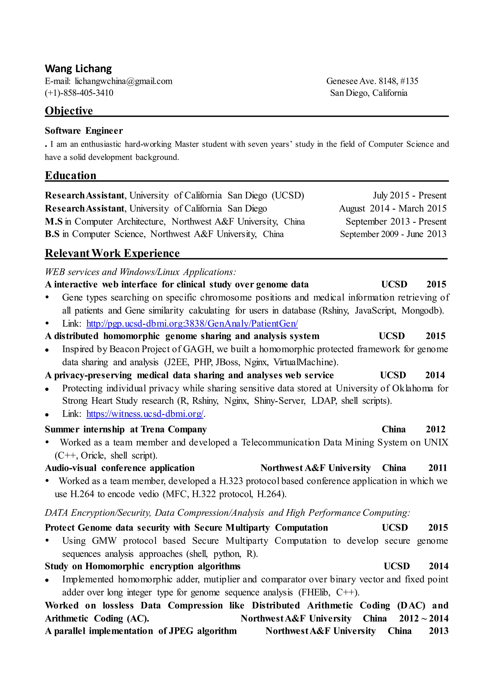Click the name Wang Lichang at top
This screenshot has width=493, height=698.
point(78,69)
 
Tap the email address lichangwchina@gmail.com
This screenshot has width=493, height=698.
point(123,81)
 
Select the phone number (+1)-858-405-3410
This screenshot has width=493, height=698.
point(79,93)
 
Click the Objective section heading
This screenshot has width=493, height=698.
point(69,111)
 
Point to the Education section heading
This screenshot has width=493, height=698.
point(71,175)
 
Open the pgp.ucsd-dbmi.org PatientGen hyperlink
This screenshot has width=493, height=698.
point(192,323)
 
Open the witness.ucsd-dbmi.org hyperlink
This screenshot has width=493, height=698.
point(145,414)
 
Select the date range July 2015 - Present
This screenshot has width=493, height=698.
point(409,195)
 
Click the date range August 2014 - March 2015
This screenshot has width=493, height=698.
point(393,208)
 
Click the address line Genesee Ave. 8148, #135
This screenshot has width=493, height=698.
point(372,81)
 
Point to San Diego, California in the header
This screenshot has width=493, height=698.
point(369,93)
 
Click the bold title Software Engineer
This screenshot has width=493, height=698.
point(84,131)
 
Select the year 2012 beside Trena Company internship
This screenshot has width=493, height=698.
point(435,429)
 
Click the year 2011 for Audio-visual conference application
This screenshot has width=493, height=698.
point(437,468)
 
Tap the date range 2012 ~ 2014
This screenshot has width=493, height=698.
point(423,619)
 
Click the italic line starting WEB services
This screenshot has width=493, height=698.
point(140,272)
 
